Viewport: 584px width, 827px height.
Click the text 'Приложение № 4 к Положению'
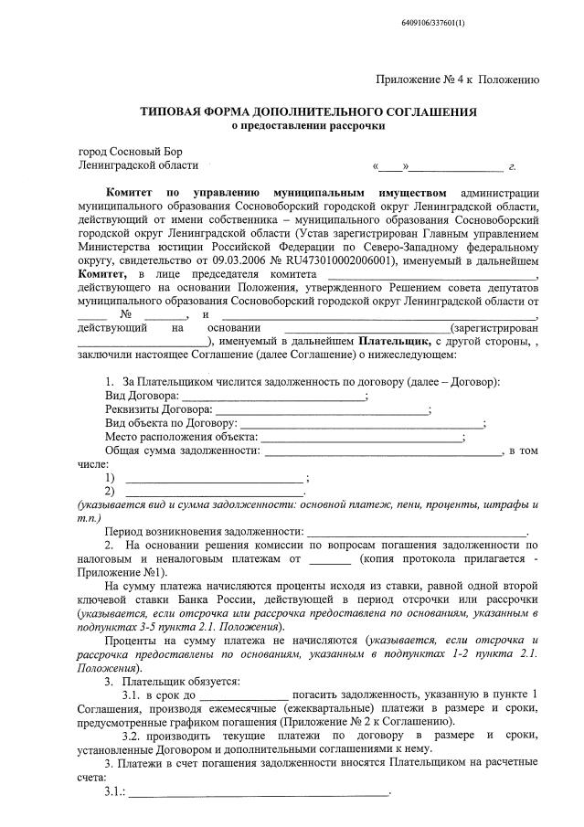click(457, 80)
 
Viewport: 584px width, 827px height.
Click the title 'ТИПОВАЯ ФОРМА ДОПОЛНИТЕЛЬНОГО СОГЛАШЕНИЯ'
click(307, 111)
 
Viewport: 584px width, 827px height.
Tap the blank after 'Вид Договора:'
click(273, 396)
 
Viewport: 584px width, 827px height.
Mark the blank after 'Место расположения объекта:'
click(361, 437)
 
